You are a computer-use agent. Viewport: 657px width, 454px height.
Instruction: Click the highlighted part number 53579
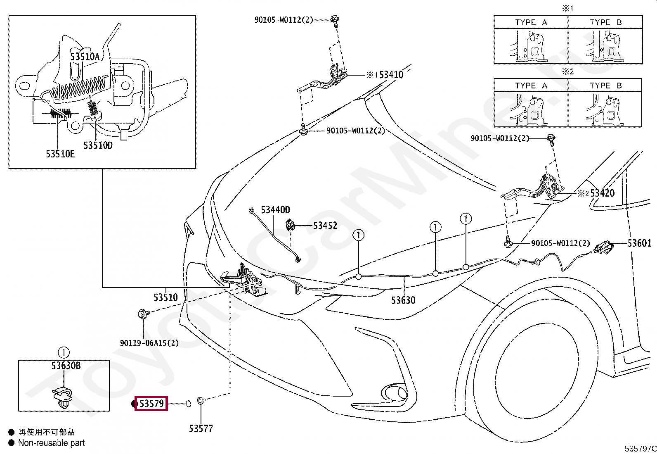tap(151, 404)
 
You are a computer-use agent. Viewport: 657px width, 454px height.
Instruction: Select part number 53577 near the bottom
tap(201, 429)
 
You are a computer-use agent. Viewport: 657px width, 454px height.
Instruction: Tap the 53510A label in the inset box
tap(85, 56)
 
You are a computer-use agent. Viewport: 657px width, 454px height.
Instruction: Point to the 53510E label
tap(60, 154)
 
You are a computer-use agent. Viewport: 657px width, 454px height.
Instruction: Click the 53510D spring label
tap(98, 145)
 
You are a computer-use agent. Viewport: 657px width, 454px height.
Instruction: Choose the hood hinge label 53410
tap(391, 75)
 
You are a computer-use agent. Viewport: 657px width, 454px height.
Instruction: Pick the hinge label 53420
tap(603, 193)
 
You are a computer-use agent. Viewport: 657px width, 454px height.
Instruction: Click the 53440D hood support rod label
tap(275, 210)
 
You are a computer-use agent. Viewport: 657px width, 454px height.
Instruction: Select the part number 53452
tap(325, 226)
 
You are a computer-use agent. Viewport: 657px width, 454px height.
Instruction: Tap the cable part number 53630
tap(403, 300)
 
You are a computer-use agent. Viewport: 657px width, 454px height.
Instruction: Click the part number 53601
tap(639, 243)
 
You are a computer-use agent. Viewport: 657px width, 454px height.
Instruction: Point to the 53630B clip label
tap(66, 366)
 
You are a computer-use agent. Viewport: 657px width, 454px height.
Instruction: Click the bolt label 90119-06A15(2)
tap(149, 343)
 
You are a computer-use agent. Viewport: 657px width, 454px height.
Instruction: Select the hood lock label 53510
tap(166, 297)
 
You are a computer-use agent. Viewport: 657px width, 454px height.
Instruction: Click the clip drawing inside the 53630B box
tap(62, 397)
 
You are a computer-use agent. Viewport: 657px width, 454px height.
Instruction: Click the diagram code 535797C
tap(640, 448)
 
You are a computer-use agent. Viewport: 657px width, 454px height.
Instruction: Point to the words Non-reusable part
tap(51, 442)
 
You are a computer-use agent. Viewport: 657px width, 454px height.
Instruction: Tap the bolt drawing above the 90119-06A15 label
tap(144, 314)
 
